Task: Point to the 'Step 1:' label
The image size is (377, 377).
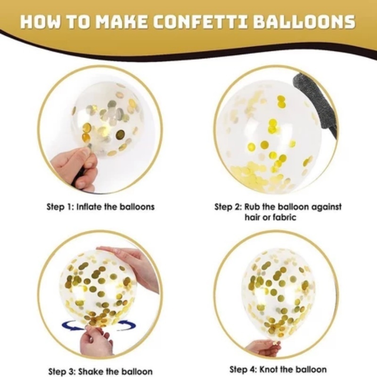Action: click(60, 207)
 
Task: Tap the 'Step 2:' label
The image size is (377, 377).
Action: click(228, 207)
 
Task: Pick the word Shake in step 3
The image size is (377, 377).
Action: click(91, 371)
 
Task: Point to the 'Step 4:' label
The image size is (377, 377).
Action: click(243, 369)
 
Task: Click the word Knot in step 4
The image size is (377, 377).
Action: click(269, 369)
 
